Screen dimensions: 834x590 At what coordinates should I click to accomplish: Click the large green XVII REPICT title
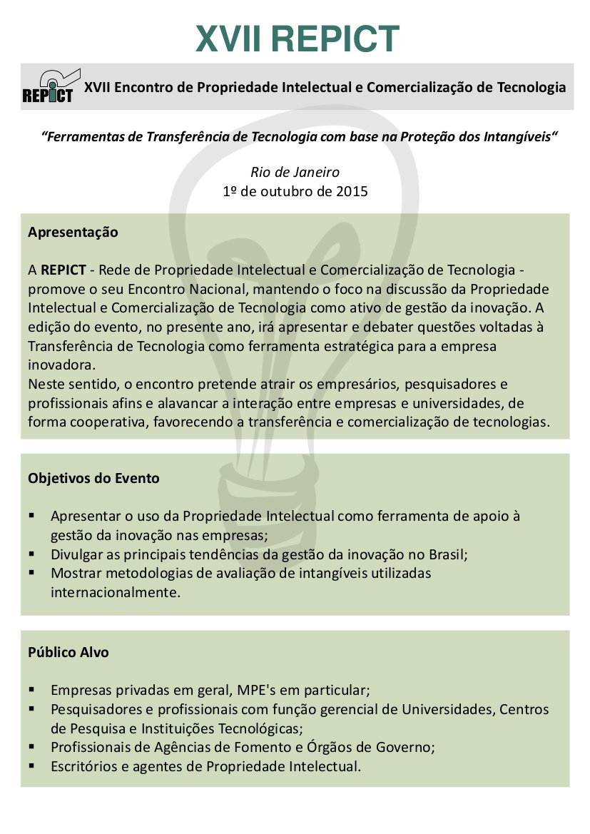coord(297,39)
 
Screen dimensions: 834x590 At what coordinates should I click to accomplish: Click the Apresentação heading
coord(73,233)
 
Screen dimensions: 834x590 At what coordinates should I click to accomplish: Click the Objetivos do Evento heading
coord(93,479)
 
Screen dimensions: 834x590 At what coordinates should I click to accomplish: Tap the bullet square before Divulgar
coord(33,554)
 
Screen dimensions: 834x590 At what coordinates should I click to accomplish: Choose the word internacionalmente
coord(111,592)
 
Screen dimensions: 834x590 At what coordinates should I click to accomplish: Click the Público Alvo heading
coord(68,653)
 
